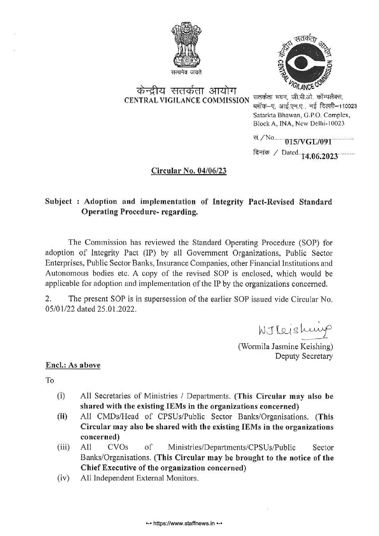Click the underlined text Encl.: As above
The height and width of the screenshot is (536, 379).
point(73,365)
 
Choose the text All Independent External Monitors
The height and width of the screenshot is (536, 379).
point(139,478)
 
